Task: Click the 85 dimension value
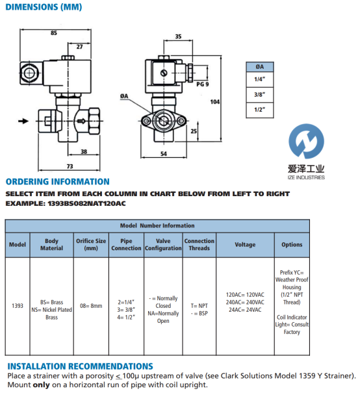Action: pyautogui.click(x=54, y=33)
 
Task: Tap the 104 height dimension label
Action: pyautogui.click(x=215, y=102)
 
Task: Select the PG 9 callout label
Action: pyautogui.click(x=203, y=84)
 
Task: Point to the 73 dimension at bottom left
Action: pyautogui.click(x=70, y=166)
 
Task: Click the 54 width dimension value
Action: pyautogui.click(x=164, y=154)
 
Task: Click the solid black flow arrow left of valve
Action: pyautogui.click(x=23, y=121)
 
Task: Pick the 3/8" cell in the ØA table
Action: pyautogui.click(x=260, y=94)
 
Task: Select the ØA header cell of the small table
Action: pyautogui.click(x=260, y=67)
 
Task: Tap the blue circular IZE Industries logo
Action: pyautogui.click(x=306, y=141)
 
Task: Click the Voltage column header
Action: pyautogui.click(x=245, y=245)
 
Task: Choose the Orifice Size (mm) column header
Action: pyautogui.click(x=91, y=245)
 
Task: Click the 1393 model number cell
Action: pyautogui.click(x=18, y=306)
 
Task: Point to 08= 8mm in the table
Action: pyautogui.click(x=91, y=306)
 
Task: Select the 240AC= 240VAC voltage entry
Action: pyautogui.click(x=245, y=302)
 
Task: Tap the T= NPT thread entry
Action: pyautogui.click(x=199, y=306)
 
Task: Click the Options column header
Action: pyautogui.click(x=292, y=245)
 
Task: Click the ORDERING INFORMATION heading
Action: pyautogui.click(x=58, y=181)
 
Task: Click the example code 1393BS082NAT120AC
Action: pyautogui.click(x=86, y=203)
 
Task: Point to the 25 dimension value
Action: pyautogui.click(x=194, y=131)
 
